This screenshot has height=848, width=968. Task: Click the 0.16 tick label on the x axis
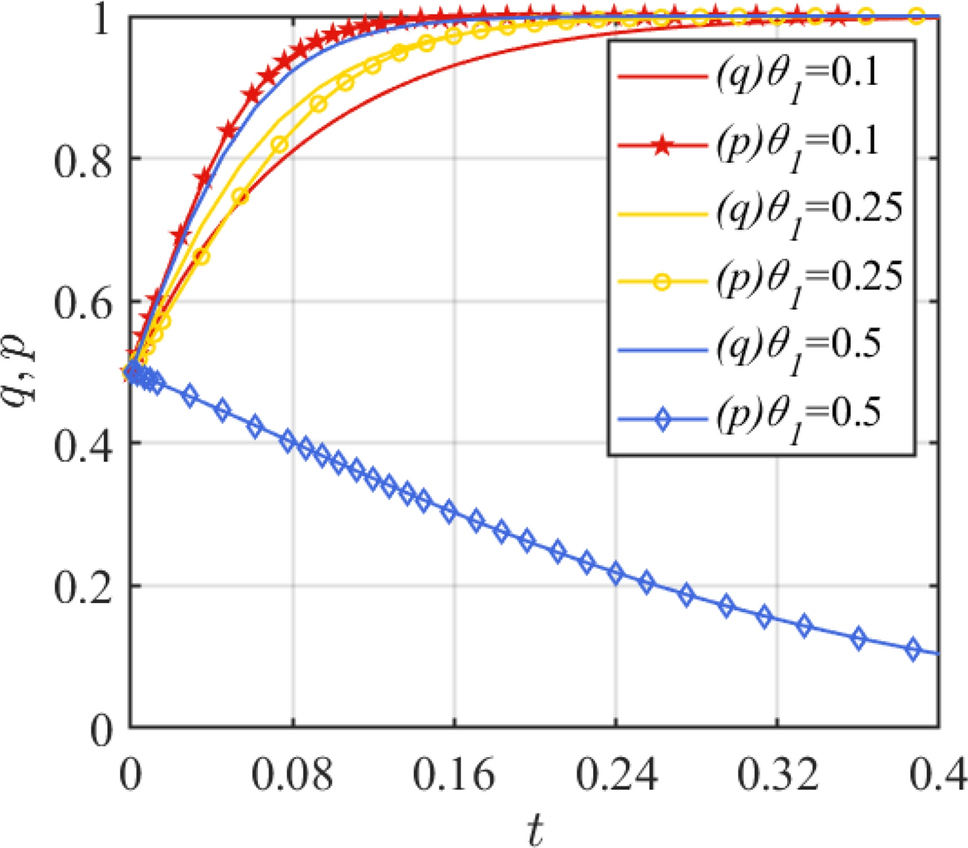(455, 776)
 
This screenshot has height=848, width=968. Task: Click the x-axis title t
(535, 826)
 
